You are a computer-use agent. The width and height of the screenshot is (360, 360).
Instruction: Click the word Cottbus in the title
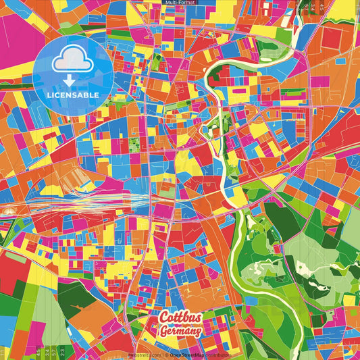coord(178,318)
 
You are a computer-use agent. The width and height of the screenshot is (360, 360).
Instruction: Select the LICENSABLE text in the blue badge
coord(74,94)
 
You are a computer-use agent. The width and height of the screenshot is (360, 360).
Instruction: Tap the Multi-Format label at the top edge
coord(180,3)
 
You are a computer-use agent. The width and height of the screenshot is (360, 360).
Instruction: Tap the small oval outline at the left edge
coord(8,211)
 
